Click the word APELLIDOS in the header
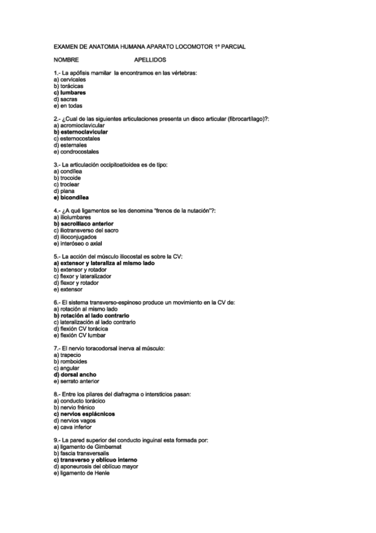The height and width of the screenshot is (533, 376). point(150,60)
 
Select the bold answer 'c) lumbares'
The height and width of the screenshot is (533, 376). point(70,93)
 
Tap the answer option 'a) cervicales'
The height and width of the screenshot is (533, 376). point(70,80)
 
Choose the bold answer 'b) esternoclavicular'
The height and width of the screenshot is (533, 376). point(81,133)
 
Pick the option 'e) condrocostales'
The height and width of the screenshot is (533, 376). point(77,152)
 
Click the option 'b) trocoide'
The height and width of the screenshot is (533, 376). point(68,179)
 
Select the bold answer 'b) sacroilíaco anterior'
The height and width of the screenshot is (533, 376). point(83,224)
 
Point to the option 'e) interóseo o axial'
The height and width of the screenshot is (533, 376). point(78,244)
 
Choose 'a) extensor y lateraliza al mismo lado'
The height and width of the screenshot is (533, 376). point(104,263)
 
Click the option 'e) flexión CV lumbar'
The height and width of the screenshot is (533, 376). point(78,336)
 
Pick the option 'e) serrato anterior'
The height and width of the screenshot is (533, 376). point(77,382)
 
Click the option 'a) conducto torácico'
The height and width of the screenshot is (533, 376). point(79,401)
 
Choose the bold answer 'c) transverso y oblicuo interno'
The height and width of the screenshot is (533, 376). point(95,460)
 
